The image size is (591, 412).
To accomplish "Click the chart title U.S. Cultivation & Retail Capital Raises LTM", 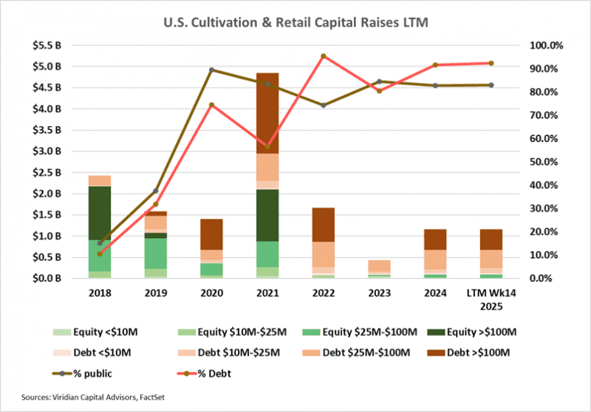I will click(x=295, y=23).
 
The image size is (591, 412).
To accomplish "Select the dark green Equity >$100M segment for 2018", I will click(x=99, y=213).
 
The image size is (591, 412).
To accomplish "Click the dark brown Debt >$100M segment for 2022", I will click(x=323, y=224).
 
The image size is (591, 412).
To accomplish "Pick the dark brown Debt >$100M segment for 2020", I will click(x=211, y=234).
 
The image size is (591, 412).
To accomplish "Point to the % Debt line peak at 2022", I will click(x=324, y=56).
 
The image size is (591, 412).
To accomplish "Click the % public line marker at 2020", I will click(x=211, y=70).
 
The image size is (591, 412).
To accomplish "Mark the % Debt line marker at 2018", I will click(x=99, y=253).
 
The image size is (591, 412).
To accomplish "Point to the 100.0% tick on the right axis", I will click(x=547, y=45).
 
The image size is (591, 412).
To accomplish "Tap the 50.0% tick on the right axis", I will click(x=547, y=162).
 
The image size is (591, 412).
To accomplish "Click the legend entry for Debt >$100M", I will click(x=468, y=354).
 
